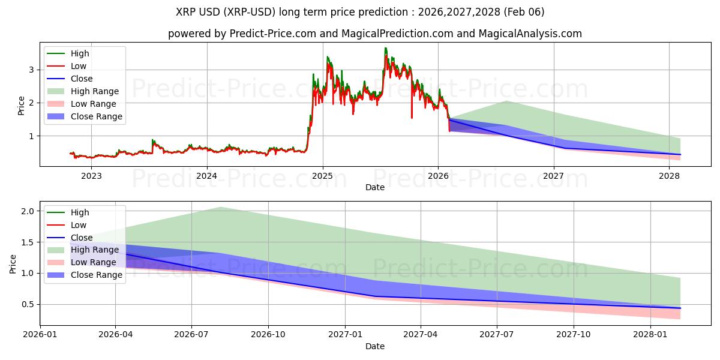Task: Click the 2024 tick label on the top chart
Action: [x=207, y=176]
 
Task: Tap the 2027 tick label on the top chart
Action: [x=554, y=176]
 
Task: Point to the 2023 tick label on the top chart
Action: [x=91, y=176]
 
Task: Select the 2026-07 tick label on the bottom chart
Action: [x=191, y=335]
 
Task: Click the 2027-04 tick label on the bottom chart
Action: [x=421, y=335]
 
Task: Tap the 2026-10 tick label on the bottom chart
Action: [x=268, y=335]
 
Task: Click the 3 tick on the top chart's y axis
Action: [x=33, y=70]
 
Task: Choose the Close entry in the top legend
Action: [x=82, y=79]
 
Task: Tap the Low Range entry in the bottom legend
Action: [x=94, y=262]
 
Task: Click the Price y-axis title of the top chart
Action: [x=22, y=106]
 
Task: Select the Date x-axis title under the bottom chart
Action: [x=375, y=346]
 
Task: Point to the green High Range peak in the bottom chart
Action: [x=220, y=207]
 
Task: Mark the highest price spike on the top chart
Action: [x=386, y=48]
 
